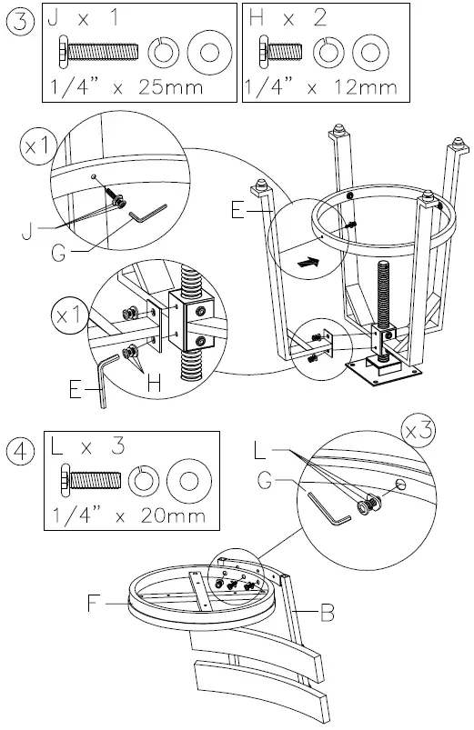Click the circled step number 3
(x=21, y=22)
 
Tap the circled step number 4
(x=21, y=452)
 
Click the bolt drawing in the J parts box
(x=98, y=51)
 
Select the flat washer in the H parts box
(x=370, y=51)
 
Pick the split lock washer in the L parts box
(x=143, y=481)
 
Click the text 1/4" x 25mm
(x=126, y=87)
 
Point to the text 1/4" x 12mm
(x=320, y=87)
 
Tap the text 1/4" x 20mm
(x=128, y=515)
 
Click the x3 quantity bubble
(x=419, y=431)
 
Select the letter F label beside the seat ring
(x=94, y=604)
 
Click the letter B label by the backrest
(x=328, y=612)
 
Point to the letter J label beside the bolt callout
(x=27, y=232)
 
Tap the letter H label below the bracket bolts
(x=155, y=384)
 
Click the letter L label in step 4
(x=260, y=450)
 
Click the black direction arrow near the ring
(x=308, y=263)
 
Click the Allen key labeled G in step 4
(x=328, y=510)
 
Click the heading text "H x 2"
(x=288, y=18)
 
